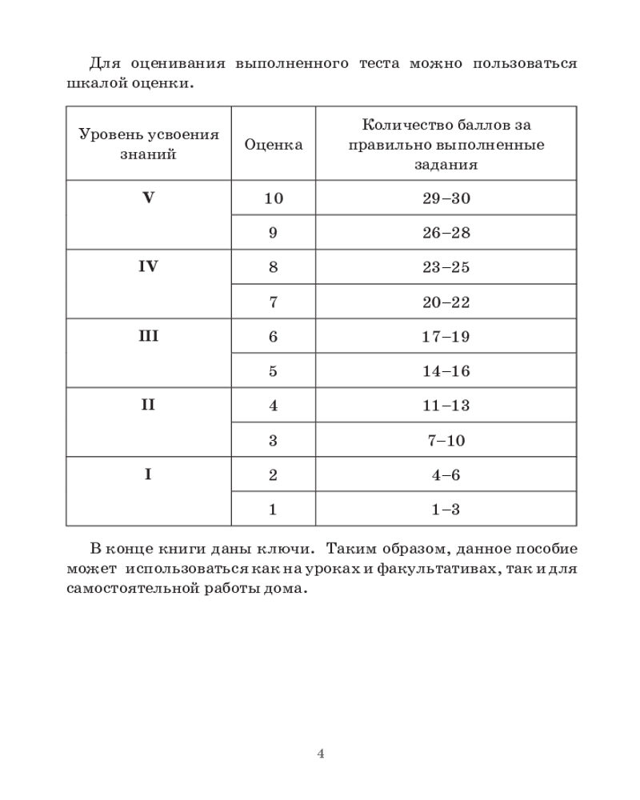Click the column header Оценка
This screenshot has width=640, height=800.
[x=273, y=145]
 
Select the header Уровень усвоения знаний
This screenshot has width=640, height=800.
[x=149, y=145]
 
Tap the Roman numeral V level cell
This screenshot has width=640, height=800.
[x=148, y=198]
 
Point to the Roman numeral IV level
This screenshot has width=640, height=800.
[x=148, y=266]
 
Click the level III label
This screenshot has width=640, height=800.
[x=148, y=336]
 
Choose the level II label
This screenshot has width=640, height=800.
[x=148, y=405]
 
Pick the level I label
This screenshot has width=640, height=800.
[x=148, y=474]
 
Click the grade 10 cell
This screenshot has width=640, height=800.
[x=273, y=198]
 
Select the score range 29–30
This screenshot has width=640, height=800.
[x=446, y=198]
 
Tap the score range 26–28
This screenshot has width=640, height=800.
[x=446, y=233]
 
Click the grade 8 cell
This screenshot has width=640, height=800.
[x=273, y=267]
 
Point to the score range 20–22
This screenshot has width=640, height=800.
[x=446, y=302]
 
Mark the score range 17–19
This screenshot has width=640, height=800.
[x=446, y=337]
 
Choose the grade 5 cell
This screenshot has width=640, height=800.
[x=273, y=371]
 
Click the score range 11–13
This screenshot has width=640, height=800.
[x=446, y=406]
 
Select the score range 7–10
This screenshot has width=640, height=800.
[x=446, y=440]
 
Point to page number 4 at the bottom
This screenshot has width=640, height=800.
[x=320, y=753]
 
